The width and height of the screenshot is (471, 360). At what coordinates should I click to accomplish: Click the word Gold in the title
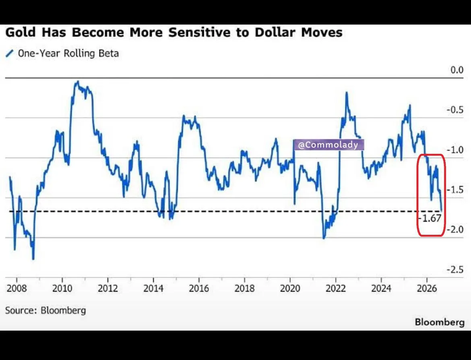click(x=21, y=32)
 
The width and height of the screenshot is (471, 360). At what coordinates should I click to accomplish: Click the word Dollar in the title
click(x=275, y=32)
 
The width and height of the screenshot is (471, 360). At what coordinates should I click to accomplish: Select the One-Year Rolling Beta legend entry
click(x=62, y=54)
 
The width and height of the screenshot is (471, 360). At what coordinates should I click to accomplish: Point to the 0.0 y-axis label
click(x=457, y=70)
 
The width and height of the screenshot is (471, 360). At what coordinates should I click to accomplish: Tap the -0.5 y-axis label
click(x=455, y=110)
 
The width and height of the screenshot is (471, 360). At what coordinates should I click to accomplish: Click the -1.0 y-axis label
click(x=455, y=150)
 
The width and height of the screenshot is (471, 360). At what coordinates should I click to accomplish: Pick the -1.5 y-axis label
click(x=455, y=190)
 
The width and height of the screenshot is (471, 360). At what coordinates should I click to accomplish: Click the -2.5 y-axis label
click(x=455, y=269)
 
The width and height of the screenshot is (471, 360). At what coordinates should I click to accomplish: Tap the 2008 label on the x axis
click(x=17, y=288)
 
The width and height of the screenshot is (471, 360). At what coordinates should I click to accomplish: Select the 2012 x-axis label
click(x=108, y=288)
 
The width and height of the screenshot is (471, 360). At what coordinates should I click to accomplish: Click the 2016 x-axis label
click(x=199, y=288)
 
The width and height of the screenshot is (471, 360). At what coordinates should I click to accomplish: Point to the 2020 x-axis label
click(x=290, y=288)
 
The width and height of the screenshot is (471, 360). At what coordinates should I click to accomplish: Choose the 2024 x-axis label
click(x=381, y=288)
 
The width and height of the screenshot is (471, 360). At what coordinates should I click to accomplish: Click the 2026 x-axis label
click(x=427, y=288)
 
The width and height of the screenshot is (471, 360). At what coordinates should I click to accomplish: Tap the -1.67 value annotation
click(x=430, y=218)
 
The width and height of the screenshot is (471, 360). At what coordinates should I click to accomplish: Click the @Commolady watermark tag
click(x=328, y=145)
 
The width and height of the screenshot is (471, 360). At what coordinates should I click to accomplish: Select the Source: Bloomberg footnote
click(x=45, y=310)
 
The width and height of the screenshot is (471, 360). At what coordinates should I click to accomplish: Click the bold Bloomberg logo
click(x=440, y=322)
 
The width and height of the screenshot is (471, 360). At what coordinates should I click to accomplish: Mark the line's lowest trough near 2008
click(x=33, y=259)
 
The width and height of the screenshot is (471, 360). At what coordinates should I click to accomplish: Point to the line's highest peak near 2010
click(x=78, y=81)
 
